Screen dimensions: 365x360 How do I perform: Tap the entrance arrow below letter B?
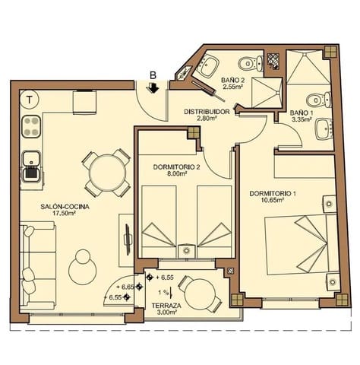[x=153, y=89]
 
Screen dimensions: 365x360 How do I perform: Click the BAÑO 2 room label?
[x=232, y=79]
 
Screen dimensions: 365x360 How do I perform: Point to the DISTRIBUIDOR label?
[x=207, y=112]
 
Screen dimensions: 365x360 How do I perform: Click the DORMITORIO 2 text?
[x=176, y=167]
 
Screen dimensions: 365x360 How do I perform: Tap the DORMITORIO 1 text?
[x=273, y=193]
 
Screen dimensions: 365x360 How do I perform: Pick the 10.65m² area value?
[x=273, y=202]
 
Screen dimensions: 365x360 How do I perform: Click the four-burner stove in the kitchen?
[x=32, y=125]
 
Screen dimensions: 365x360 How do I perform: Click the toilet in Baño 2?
[x=245, y=63]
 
